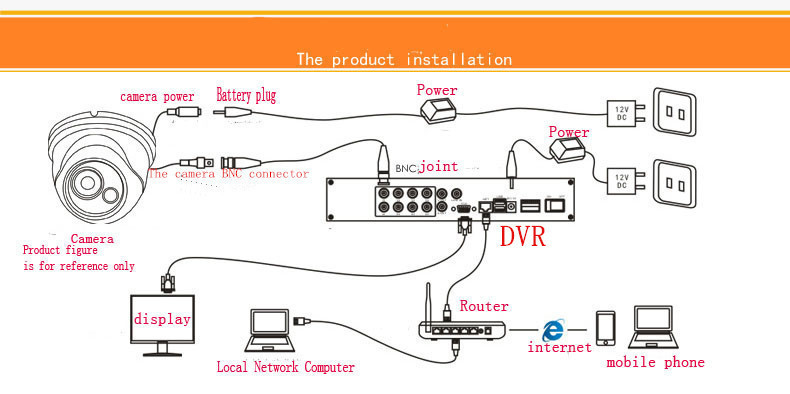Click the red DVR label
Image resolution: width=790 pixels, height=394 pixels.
[x=522, y=236]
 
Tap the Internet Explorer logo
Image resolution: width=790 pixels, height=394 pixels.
[x=553, y=331]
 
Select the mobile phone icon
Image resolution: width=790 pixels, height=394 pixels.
[x=605, y=328]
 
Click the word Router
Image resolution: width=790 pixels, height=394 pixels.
[x=484, y=306]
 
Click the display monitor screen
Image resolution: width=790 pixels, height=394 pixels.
[x=162, y=318]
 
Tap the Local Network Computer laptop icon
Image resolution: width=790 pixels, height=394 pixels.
[x=270, y=331]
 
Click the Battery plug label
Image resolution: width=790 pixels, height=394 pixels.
[x=246, y=95]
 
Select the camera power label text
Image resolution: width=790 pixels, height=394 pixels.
[x=157, y=97]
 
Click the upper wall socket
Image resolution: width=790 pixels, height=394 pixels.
[x=674, y=112]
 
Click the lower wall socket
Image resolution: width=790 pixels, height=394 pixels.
[x=674, y=183]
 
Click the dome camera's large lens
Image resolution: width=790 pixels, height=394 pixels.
[x=87, y=181]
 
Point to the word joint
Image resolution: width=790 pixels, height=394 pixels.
[x=439, y=166]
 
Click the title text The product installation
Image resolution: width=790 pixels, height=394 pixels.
[x=404, y=59]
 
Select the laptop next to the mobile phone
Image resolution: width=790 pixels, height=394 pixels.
[x=653, y=327]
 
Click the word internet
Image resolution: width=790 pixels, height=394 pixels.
[x=559, y=347]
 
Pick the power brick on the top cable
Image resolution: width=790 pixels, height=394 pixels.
[x=438, y=110]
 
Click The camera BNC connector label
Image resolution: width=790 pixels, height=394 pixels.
[x=228, y=174]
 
